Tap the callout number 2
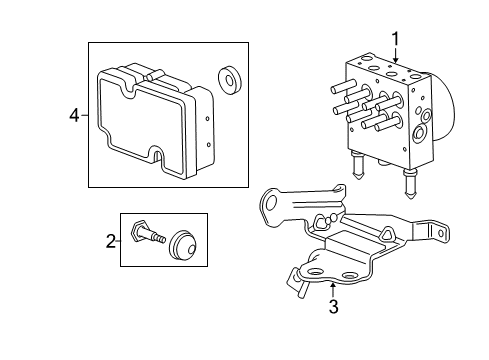pos(112,240)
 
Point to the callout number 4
pos(72,115)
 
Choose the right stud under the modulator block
pos(409,185)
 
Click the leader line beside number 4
pos(84,115)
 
